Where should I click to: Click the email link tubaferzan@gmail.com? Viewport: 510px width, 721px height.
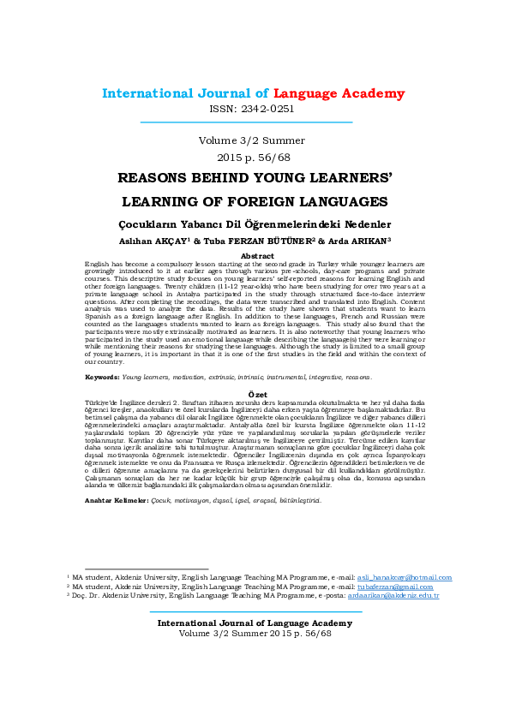(395, 587)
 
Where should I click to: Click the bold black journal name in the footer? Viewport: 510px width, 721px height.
(254, 623)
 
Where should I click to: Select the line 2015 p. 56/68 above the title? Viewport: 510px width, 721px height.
(254, 158)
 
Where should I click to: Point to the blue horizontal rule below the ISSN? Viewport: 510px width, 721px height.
(254, 122)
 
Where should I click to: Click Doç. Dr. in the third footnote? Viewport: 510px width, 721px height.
(89, 595)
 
